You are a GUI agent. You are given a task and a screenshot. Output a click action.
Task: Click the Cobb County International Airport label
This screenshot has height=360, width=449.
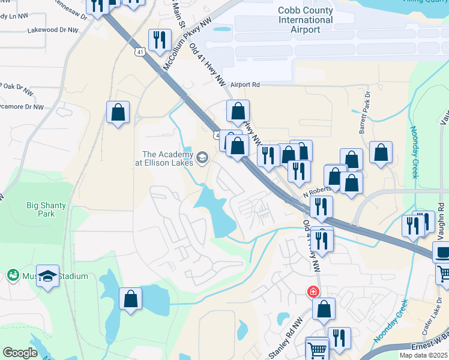tap(306, 20)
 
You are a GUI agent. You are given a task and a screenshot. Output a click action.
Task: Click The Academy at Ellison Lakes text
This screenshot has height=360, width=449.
tap(167, 158)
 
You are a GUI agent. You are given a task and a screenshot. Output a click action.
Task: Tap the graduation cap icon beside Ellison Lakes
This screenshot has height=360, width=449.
tap(202, 158)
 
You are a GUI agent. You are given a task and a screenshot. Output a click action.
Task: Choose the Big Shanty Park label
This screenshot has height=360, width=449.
tap(46, 209)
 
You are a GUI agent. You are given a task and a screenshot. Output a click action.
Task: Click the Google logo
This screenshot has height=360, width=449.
tap(20, 353)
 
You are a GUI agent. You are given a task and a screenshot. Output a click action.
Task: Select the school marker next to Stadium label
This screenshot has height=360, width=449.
tap(48, 277)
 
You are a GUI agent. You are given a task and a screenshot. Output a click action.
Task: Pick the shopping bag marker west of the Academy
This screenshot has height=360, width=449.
tap(118, 112)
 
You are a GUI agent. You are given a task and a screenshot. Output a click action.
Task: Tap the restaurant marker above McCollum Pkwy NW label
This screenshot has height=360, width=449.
tap(160, 40)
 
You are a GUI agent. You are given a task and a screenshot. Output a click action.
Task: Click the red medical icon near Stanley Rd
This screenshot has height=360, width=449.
tap(313, 292)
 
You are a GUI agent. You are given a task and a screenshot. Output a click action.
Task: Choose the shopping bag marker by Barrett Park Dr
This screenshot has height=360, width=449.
tap(381, 153)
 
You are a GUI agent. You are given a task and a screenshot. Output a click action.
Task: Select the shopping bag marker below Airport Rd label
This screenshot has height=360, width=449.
tap(238, 111)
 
